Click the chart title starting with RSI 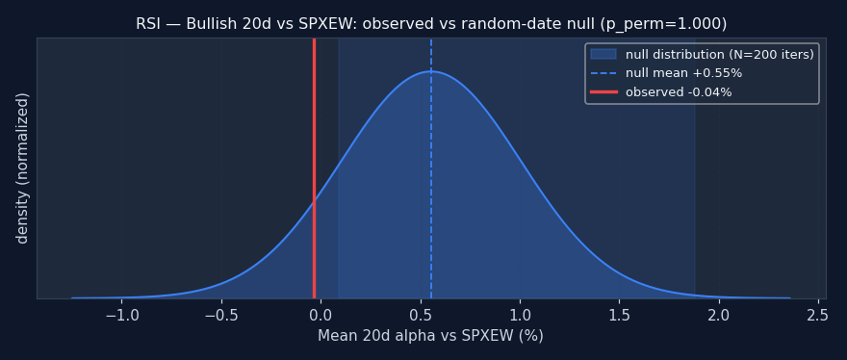(x=431, y=24)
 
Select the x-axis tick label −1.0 (x=121, y=315)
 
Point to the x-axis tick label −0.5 (x=221, y=315)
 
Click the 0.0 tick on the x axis (x=321, y=315)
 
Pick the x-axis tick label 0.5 (x=421, y=315)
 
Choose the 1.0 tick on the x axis (x=520, y=315)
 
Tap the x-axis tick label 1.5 (x=619, y=315)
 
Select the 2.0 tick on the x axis (x=719, y=315)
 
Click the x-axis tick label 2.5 (x=818, y=315)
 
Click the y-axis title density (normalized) (x=21, y=168)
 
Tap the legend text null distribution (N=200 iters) (x=720, y=55)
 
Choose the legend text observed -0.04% (x=679, y=91)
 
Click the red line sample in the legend (x=603, y=91)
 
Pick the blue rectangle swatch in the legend (x=603, y=54)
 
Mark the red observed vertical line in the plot (x=314, y=168)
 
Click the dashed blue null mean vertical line (x=431, y=168)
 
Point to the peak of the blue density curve (x=431, y=71)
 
